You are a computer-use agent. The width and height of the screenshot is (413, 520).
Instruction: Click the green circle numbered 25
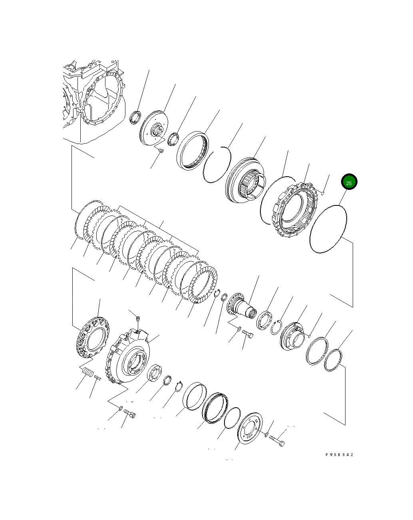349,182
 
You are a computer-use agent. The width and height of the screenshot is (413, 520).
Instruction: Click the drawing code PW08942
339,454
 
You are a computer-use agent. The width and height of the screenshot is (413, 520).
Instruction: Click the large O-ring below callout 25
328,229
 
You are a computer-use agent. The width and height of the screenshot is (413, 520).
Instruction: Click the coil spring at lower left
87,373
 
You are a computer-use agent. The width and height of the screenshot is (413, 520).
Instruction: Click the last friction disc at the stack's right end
203,285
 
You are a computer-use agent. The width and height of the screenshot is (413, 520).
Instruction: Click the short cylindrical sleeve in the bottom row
195,396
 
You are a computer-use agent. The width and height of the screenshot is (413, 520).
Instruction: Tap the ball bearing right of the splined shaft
264,321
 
